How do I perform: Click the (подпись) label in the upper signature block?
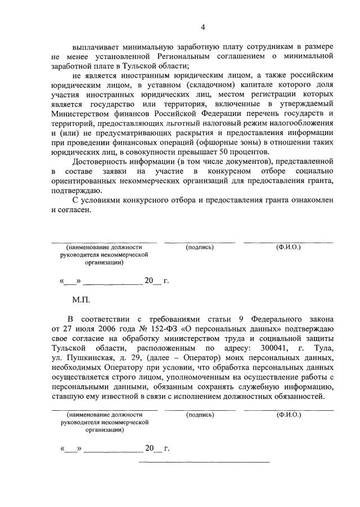click(x=200, y=247)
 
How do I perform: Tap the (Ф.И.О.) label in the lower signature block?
click(x=288, y=415)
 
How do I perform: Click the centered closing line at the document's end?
click(x=204, y=463)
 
